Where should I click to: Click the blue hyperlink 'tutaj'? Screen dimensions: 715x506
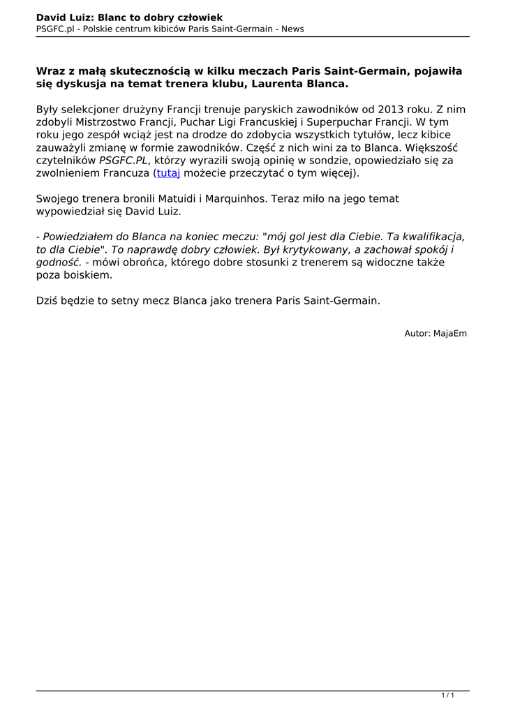[168, 172]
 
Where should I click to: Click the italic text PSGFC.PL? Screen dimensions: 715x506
[124, 160]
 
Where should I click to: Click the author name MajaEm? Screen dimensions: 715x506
[450, 334]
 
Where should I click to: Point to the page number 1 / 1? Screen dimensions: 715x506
[448, 695]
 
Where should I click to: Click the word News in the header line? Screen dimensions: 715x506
[292, 29]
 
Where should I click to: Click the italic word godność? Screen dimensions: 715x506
[59, 263]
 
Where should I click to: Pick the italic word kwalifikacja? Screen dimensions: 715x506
[427, 237]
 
